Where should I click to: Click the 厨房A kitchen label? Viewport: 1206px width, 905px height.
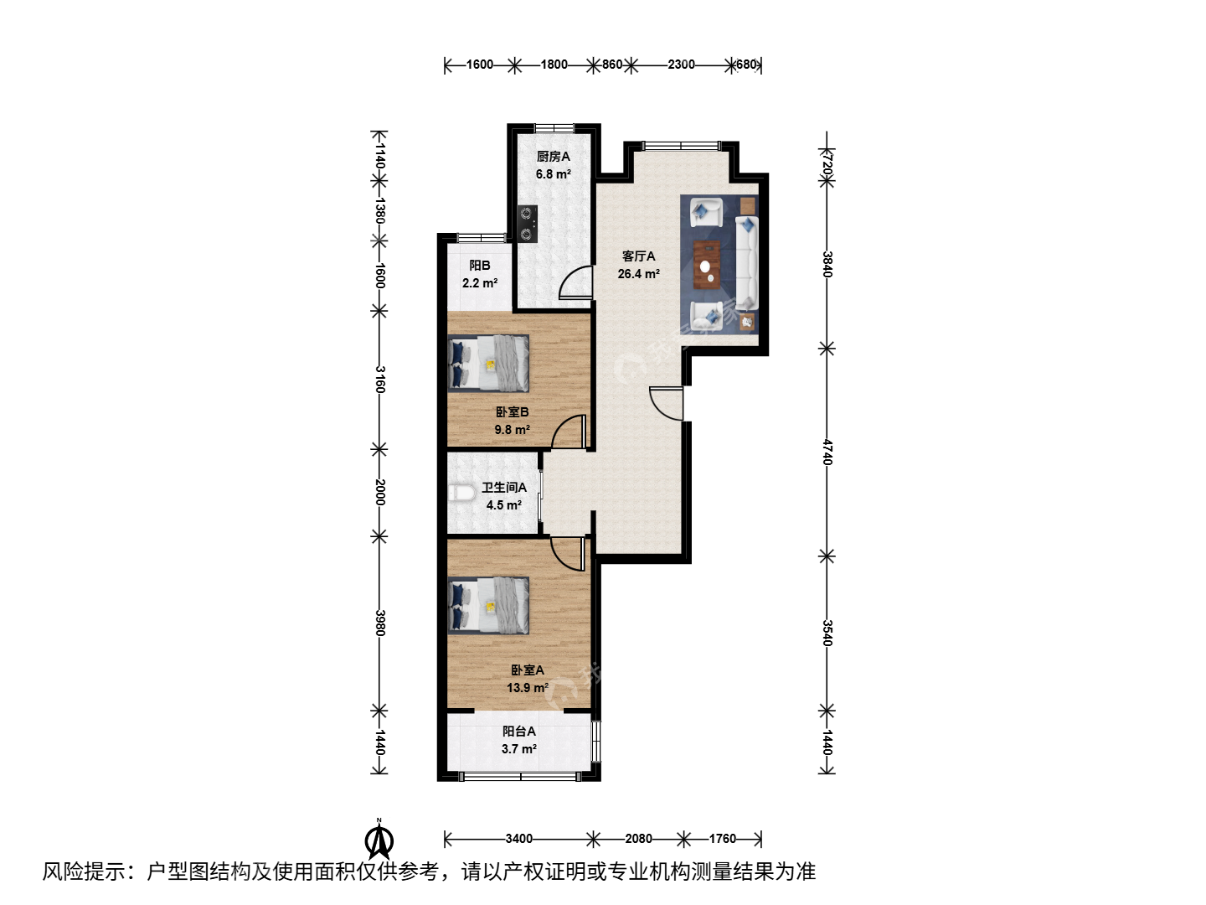(x=554, y=157)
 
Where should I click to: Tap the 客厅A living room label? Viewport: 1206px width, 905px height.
(x=638, y=256)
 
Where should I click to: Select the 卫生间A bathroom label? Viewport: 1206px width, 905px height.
(x=504, y=488)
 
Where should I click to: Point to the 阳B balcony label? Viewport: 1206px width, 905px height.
(x=480, y=266)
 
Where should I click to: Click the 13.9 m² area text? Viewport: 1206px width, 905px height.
(x=528, y=687)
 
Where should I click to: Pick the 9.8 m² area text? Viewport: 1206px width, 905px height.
(x=512, y=429)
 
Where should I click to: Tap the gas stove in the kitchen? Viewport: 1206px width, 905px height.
(x=528, y=224)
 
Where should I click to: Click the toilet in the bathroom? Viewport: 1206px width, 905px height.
(x=461, y=493)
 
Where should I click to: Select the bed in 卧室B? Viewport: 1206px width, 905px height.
(x=488, y=363)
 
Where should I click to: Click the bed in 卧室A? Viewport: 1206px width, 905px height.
(x=488, y=606)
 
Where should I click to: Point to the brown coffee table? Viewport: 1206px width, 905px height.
(x=707, y=265)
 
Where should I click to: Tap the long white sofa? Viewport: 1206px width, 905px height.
(x=747, y=262)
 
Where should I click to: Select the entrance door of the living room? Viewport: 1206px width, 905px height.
(x=667, y=403)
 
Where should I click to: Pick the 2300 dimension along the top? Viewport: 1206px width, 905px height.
(x=681, y=65)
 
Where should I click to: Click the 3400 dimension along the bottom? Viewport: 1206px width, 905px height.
(x=518, y=839)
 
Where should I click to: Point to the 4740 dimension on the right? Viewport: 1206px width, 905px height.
(x=827, y=452)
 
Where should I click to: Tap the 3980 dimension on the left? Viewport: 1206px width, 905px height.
(x=379, y=623)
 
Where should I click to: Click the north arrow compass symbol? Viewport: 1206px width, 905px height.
(x=379, y=839)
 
